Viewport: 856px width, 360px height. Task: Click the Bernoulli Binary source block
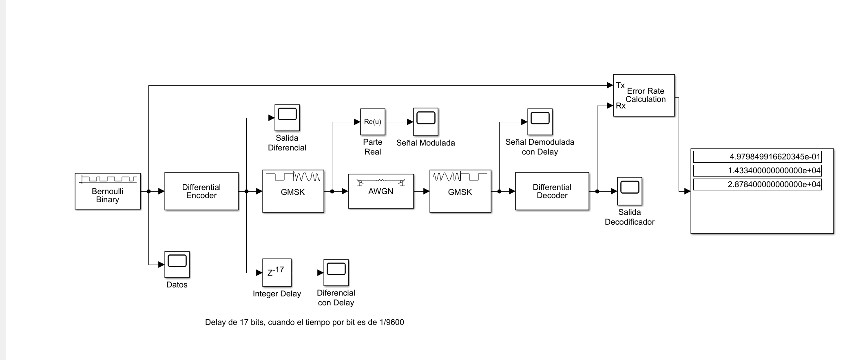[x=108, y=191]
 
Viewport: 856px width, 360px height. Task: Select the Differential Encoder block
[x=201, y=191]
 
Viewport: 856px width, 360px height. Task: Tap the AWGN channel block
[x=381, y=191]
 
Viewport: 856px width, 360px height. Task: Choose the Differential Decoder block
[x=552, y=191]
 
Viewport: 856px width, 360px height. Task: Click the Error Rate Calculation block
[x=644, y=95]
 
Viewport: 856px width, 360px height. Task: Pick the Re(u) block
[x=373, y=122]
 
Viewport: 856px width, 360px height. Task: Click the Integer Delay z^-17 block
[x=277, y=273]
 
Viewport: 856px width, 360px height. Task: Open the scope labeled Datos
[x=177, y=264]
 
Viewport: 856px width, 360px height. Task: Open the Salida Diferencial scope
[x=287, y=118]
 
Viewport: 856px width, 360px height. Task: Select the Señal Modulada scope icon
[x=426, y=121]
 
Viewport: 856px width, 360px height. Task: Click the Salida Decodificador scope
[x=630, y=191]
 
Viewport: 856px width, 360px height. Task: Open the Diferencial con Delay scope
[x=336, y=272]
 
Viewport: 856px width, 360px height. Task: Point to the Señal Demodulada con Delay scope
[x=540, y=121]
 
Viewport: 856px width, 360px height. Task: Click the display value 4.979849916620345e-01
[x=757, y=157]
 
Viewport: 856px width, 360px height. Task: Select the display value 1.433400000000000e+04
[x=757, y=171]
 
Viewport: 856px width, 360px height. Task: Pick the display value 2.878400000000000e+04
[x=757, y=185]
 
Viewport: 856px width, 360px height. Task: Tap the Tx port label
[x=620, y=86]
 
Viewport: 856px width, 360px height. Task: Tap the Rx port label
[x=621, y=106]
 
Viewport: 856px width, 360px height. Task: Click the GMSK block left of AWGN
[x=293, y=191]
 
